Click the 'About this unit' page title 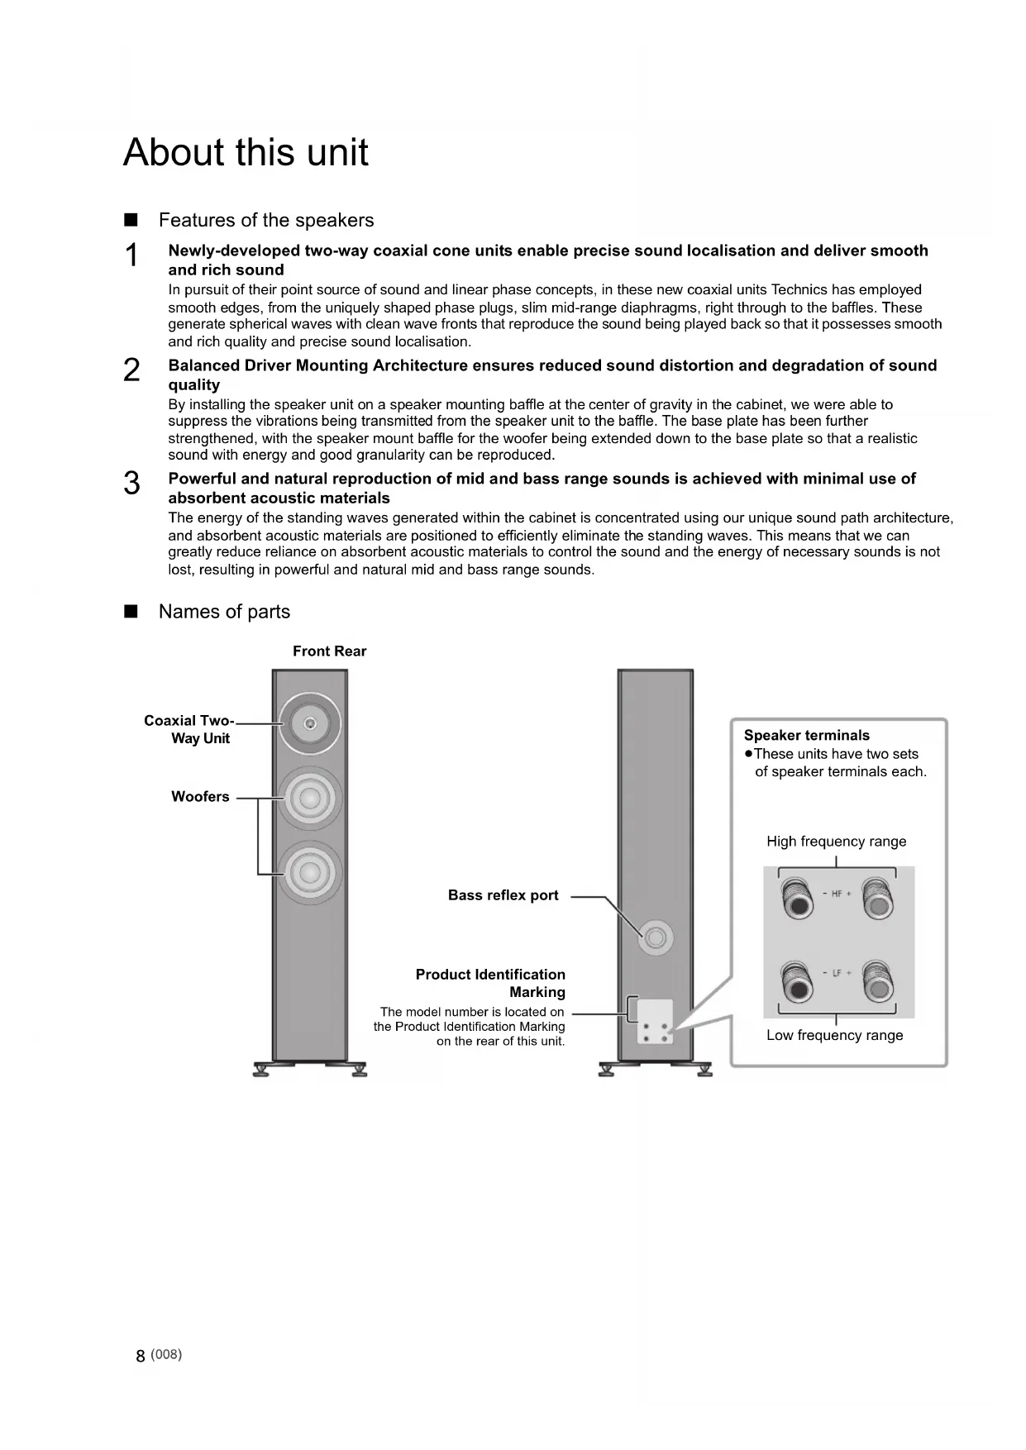point(246,153)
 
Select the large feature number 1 point(131,255)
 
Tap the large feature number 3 point(131,484)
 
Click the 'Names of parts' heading point(224,612)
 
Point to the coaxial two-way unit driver point(310,724)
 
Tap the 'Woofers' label point(200,797)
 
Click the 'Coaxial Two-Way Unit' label point(189,729)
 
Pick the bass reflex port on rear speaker point(656,938)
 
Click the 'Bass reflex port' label point(503,895)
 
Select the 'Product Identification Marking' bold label point(491,983)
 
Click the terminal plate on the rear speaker point(654,1021)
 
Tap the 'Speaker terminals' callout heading point(806,736)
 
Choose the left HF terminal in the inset point(798,899)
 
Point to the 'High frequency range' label point(836,842)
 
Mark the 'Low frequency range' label point(834,1035)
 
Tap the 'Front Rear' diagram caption point(329,651)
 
